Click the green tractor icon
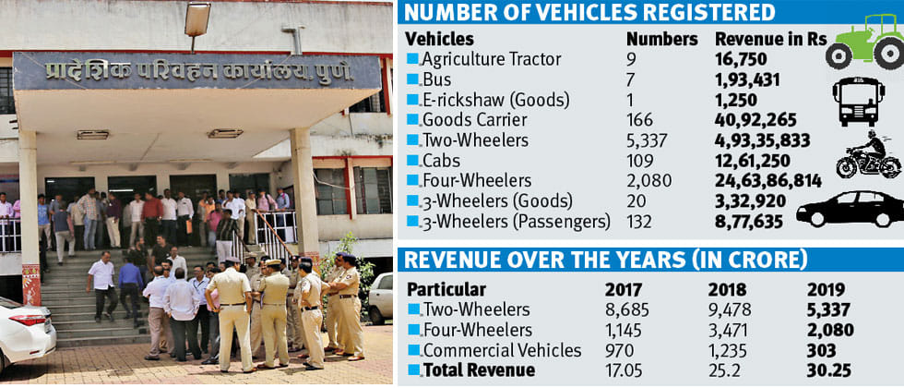pos(864,42)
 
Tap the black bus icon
pos(858,102)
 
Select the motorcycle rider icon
pos(868,154)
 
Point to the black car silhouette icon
pos(850,209)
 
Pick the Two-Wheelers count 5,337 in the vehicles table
pos(648,140)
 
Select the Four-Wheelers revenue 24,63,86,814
pos(767,181)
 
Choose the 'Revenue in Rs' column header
pos(771,39)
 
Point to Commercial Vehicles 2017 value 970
pos(618,350)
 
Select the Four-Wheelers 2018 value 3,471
pos(731,331)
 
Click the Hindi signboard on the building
pos(196,71)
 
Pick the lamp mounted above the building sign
pos(197,19)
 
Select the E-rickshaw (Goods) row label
pos(496,100)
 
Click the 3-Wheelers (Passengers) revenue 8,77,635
pos(749,221)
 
